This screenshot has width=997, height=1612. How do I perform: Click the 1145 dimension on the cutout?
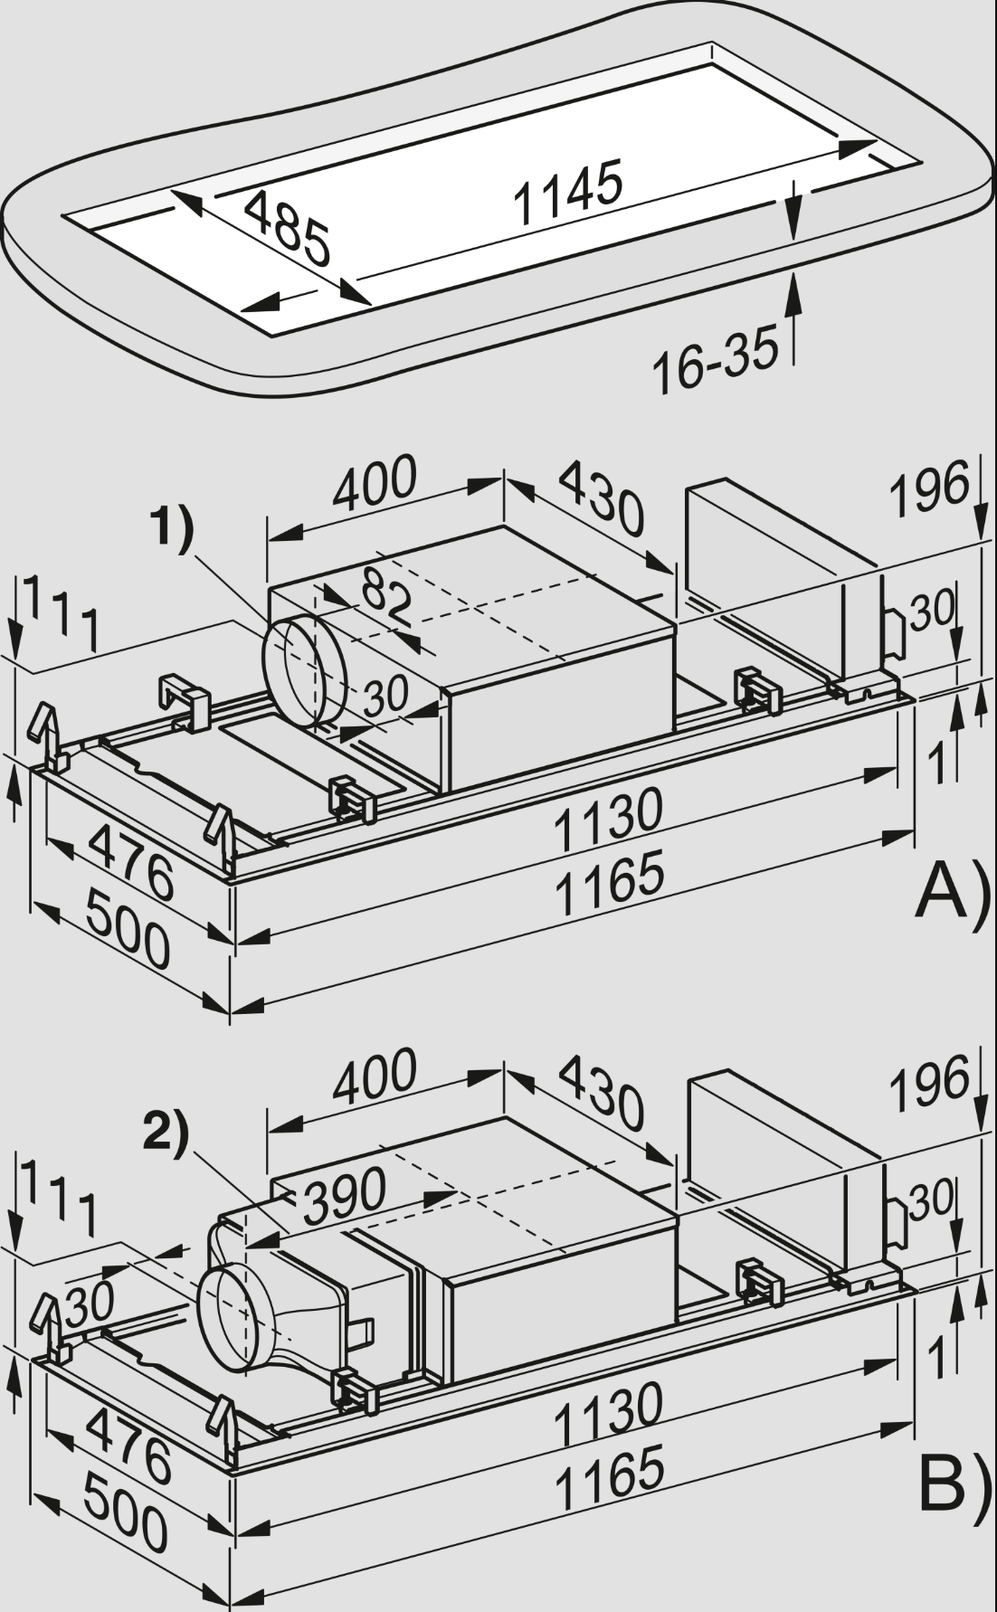(x=567, y=192)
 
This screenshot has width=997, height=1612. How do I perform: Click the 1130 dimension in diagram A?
(x=608, y=820)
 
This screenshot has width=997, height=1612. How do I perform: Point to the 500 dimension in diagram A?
(x=128, y=942)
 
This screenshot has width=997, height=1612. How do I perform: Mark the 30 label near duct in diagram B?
(x=89, y=1304)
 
